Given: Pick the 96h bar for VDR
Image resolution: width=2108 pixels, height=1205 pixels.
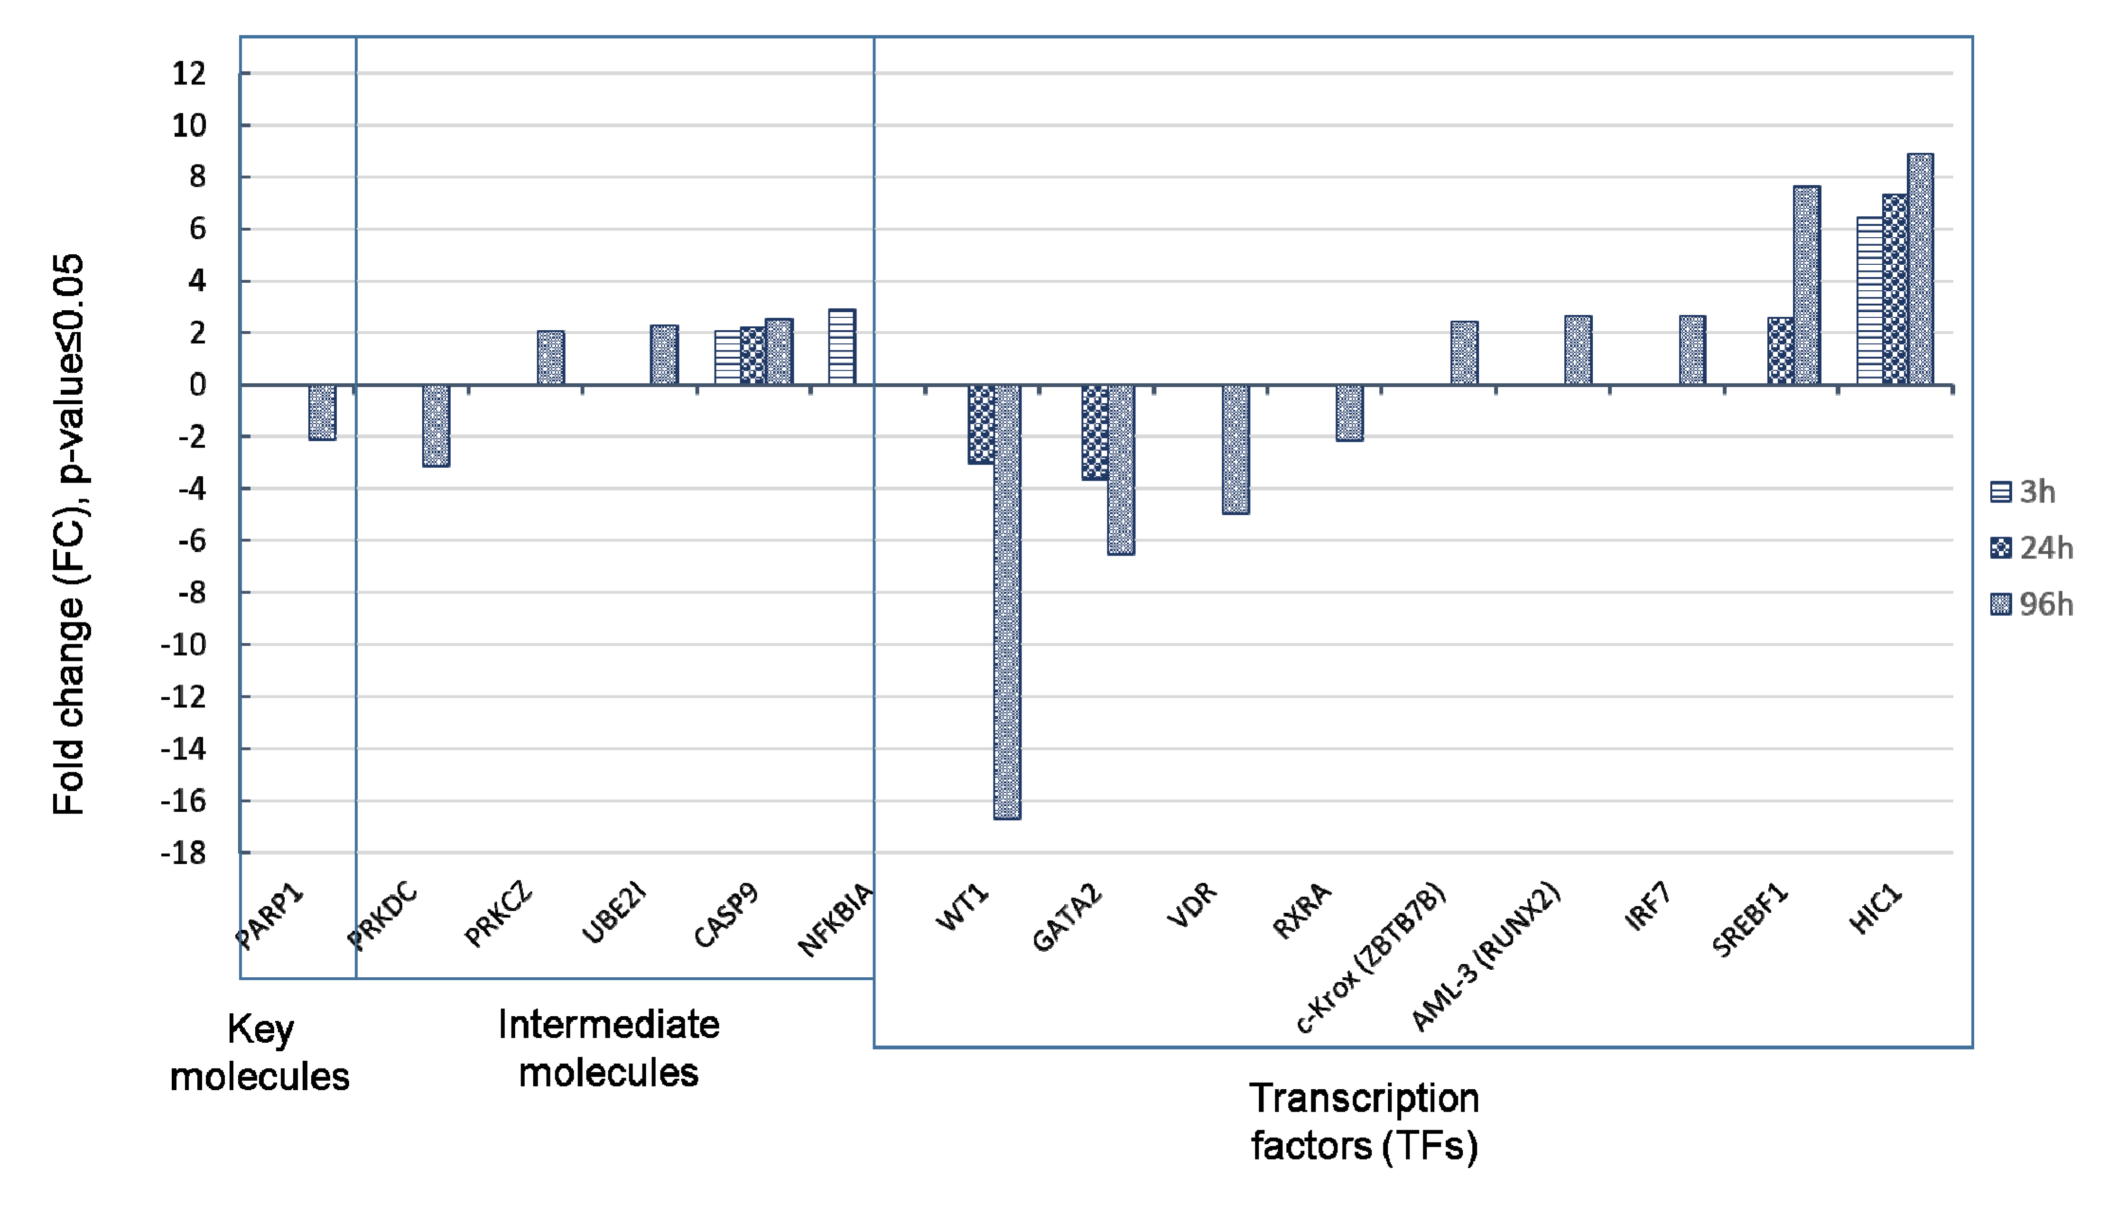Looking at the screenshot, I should pos(1235,449).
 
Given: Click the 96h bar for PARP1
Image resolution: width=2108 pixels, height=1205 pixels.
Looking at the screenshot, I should pos(322,412).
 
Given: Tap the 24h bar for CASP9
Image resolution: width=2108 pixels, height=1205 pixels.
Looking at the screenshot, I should pos(752,356).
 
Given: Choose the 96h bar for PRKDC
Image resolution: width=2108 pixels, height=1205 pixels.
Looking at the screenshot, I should pos(436,426).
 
